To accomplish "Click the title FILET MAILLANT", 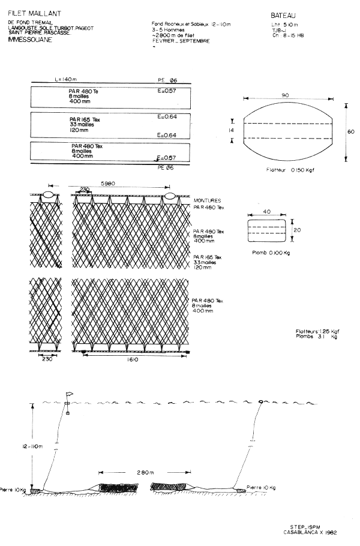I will [29, 13].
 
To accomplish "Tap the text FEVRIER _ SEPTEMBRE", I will [181, 40].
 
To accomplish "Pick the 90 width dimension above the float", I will [286, 95].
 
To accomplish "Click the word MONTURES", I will [207, 200].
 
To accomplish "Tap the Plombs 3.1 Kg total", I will [316, 337].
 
